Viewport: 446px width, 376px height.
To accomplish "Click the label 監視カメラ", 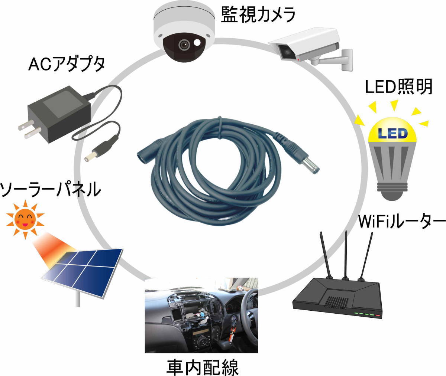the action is point(258,14).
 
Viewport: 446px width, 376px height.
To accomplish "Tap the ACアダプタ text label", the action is point(67,64).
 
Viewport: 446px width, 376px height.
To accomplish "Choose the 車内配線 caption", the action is point(202,367).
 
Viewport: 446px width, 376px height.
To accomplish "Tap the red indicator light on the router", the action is point(378,315).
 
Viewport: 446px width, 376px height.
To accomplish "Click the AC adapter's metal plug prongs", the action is point(29,129).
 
